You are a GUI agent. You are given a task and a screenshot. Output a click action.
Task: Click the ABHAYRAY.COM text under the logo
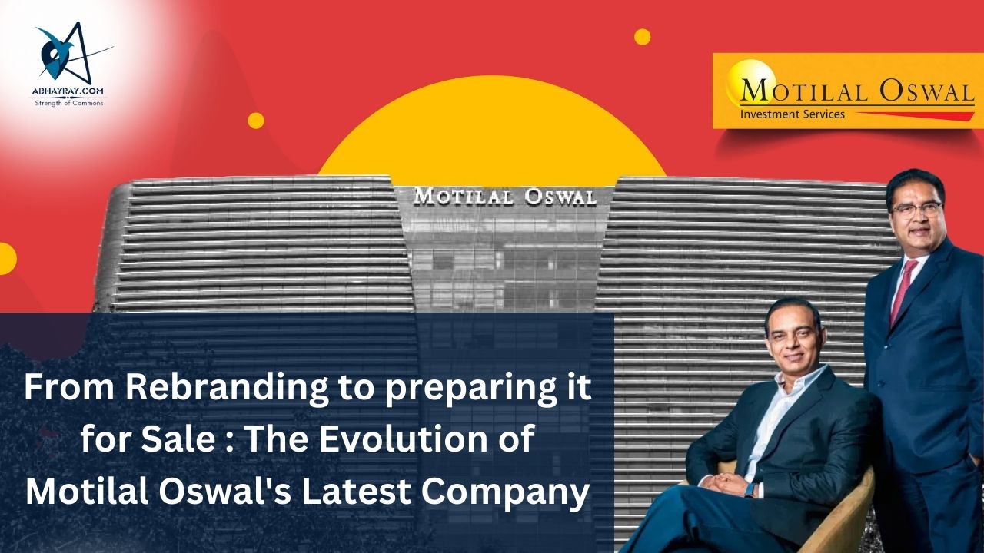pyautogui.click(x=68, y=91)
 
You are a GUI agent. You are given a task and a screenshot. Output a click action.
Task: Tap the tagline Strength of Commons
pyautogui.click(x=69, y=103)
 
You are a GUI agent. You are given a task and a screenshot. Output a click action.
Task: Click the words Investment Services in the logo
pyautogui.click(x=793, y=114)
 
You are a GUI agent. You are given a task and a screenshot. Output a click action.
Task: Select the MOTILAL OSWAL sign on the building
pyautogui.click(x=505, y=197)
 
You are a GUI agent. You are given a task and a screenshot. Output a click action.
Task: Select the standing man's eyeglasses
pyautogui.click(x=918, y=208)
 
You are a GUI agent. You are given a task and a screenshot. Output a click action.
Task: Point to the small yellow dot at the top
pyautogui.click(x=643, y=37)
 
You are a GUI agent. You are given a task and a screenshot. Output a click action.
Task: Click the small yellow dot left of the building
pyautogui.click(x=256, y=121)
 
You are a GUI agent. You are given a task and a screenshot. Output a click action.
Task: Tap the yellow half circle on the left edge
pyautogui.click(x=7, y=258)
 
